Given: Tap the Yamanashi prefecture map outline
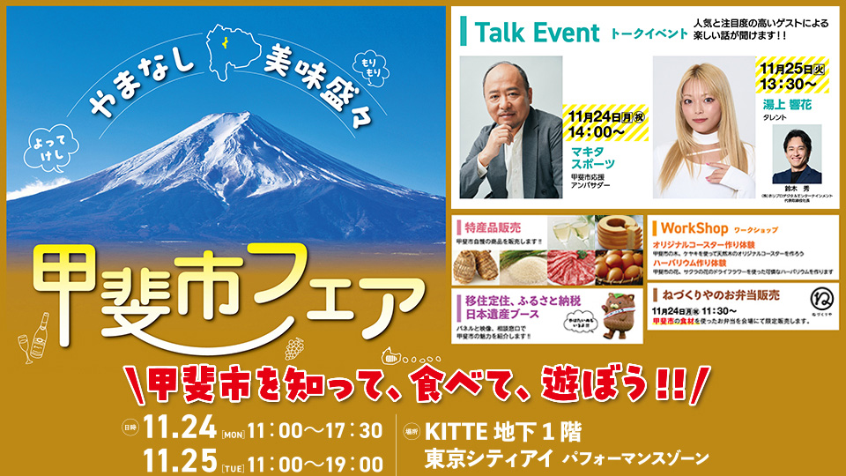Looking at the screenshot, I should pos(228,45).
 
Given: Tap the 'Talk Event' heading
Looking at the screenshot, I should pos(537,33).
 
